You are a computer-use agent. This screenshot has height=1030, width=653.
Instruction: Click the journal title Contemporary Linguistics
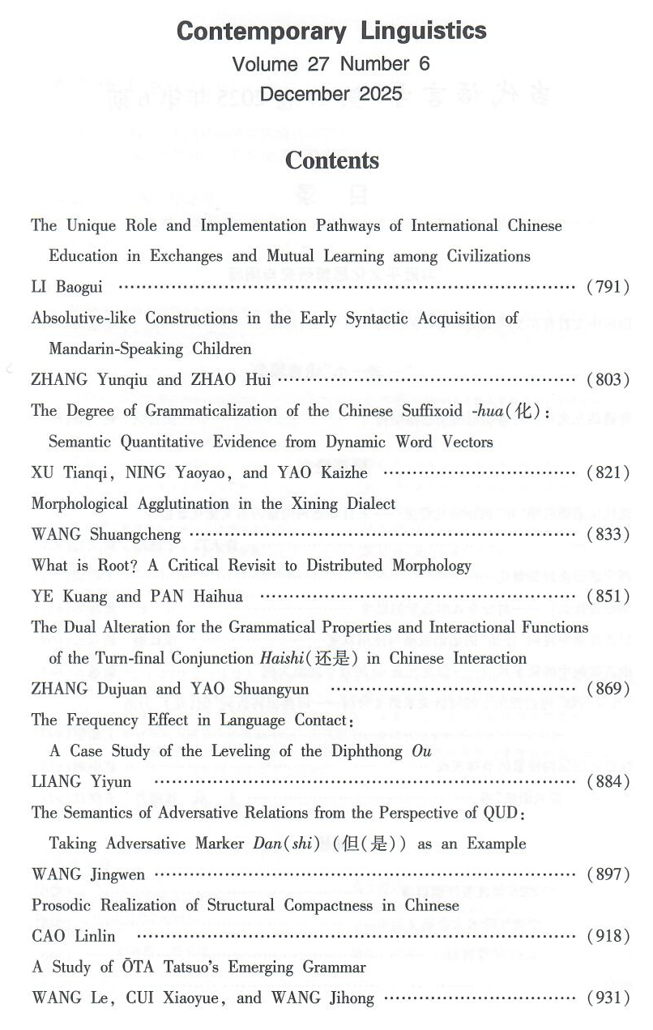pos(331,32)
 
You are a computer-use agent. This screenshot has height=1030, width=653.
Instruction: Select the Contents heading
pos(331,160)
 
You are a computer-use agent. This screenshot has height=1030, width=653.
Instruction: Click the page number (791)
pos(608,287)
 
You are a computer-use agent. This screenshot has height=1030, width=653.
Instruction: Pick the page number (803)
pos(608,379)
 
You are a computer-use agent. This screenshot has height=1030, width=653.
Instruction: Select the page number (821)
pos(608,472)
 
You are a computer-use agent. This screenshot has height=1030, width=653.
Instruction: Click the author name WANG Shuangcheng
pos(106,535)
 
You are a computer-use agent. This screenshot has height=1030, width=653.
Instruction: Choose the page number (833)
pos(608,535)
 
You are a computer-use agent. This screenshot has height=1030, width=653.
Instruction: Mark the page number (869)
pos(608,690)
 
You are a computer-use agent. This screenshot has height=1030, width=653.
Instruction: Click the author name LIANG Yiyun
pos(81,782)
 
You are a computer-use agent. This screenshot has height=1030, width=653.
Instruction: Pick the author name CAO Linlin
pos(74,937)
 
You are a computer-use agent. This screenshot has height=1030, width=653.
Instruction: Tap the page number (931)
pos(608,998)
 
